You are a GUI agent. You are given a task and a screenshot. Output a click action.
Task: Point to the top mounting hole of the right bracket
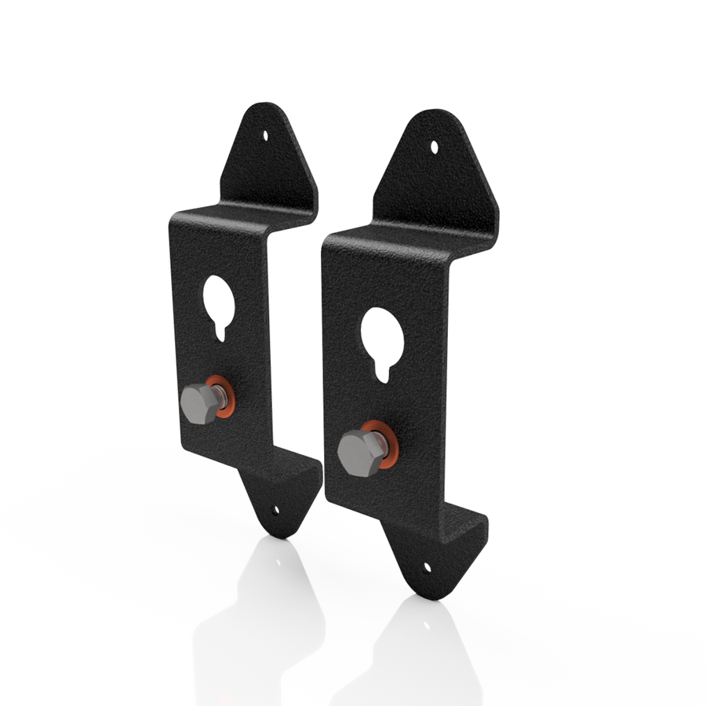tap(436, 145)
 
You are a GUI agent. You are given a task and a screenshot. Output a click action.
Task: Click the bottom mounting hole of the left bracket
tap(275, 509)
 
